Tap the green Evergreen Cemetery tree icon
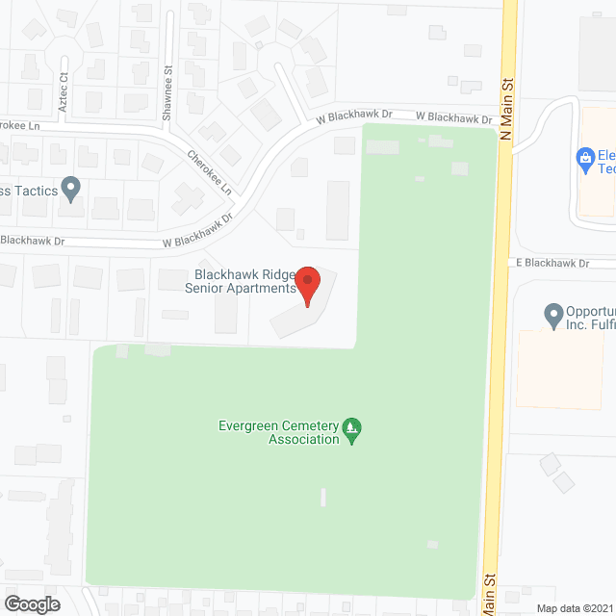[x=352, y=429]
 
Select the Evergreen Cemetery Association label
[x=279, y=431]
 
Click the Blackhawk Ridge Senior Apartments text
[x=240, y=281]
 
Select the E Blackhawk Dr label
[x=552, y=262]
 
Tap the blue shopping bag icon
[x=583, y=157]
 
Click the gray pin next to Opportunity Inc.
[x=552, y=315]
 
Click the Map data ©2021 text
[x=574, y=608]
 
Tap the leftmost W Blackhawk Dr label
[x=32, y=240]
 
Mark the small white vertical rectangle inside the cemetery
[x=323, y=498]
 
